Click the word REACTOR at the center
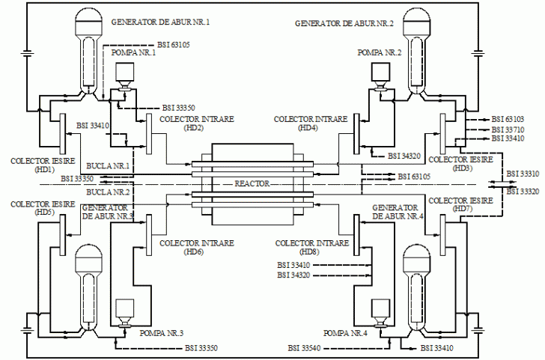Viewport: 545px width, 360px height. (252, 183)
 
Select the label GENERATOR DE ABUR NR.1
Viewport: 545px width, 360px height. (160, 22)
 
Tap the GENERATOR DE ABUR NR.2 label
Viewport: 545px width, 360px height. (344, 24)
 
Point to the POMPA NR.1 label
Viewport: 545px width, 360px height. (133, 52)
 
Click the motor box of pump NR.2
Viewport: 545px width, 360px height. (380, 72)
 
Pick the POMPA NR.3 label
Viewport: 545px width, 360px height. (161, 333)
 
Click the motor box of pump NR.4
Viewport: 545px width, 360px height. (380, 308)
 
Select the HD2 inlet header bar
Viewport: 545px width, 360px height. (149, 134)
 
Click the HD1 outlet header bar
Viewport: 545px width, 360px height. (63, 134)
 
